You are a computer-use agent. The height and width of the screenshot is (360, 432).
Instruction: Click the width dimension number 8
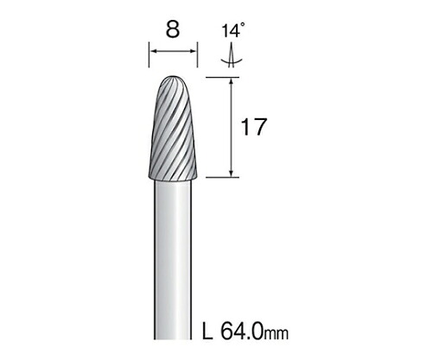click(173, 29)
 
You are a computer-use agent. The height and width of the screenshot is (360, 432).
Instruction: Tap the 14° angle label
click(233, 31)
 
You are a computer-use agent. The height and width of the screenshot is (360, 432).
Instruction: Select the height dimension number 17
click(253, 127)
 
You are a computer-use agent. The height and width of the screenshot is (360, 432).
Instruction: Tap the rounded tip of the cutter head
click(173, 78)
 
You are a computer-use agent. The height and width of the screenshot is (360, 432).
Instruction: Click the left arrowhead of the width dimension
click(153, 51)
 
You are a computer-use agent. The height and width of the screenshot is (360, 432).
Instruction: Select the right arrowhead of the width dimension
click(194, 51)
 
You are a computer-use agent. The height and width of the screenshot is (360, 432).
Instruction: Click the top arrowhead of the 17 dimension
click(231, 81)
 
